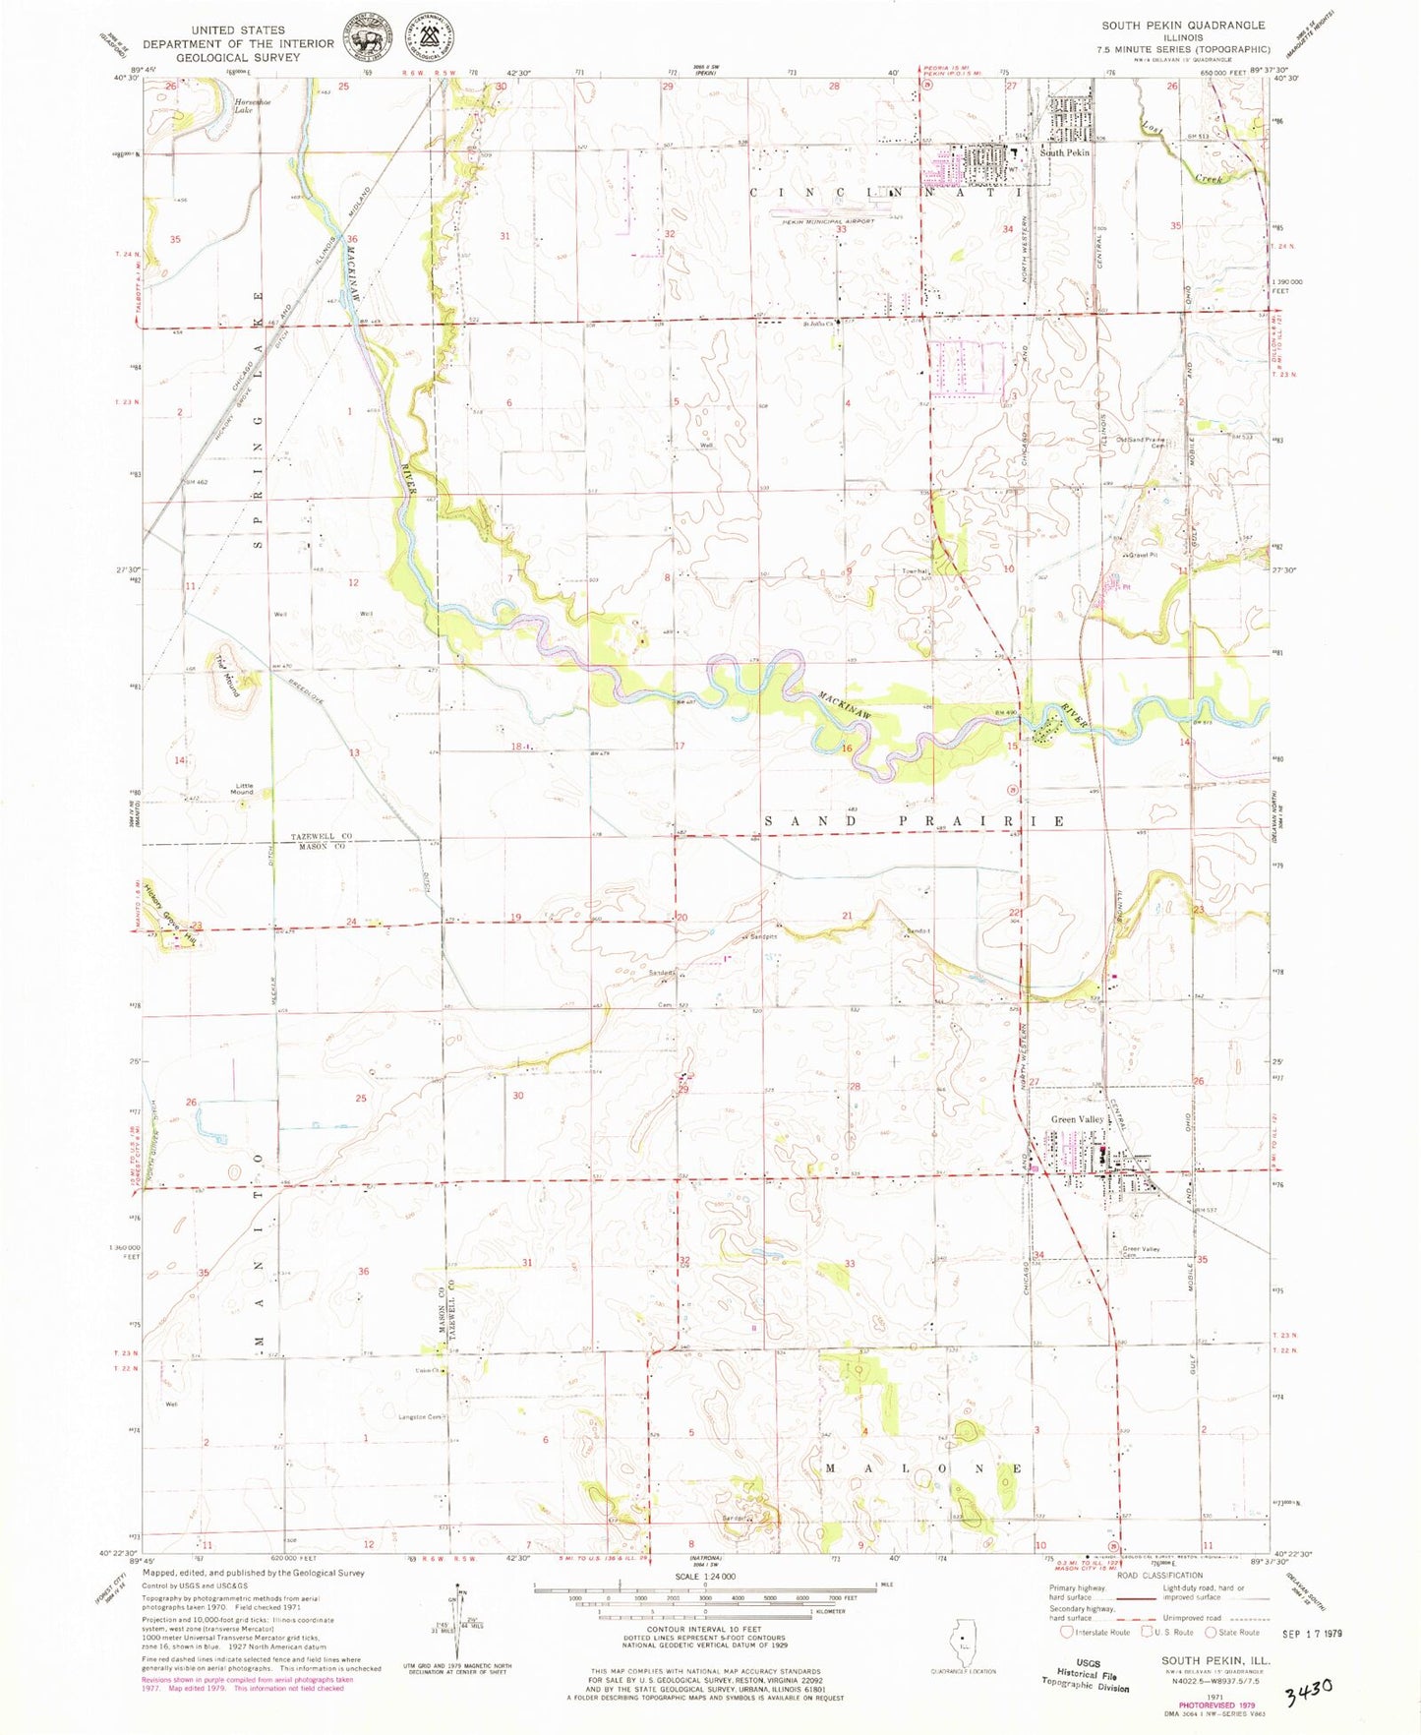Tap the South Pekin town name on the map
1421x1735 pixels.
[x=1065, y=152]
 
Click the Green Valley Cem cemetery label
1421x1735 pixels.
[x=1142, y=1252]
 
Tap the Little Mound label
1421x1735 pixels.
[x=244, y=788]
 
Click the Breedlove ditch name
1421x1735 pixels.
[x=292, y=678]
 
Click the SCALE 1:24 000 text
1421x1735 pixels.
[x=704, y=1575]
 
